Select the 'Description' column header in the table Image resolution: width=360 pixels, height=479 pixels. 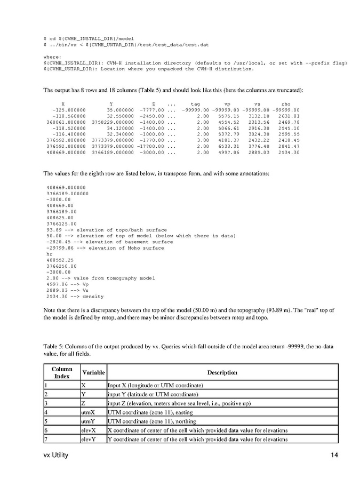tap(222, 372)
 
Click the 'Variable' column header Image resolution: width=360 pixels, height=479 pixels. tap(93, 372)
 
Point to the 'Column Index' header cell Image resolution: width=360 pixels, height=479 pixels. tap(62, 372)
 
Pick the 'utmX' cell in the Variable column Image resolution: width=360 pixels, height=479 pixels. tap(88, 412)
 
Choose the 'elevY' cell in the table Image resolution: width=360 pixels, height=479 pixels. tap(89, 440)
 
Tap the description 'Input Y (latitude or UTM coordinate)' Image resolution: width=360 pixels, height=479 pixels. tap(148, 394)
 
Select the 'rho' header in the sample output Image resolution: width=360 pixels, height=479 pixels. tap(286, 103)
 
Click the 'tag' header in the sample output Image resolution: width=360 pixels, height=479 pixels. tap(195, 103)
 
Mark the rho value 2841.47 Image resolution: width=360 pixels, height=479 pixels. tap(289, 146)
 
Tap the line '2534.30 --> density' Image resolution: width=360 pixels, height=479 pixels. tap(75, 296)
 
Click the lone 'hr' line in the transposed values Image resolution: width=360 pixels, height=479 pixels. tap(49, 254)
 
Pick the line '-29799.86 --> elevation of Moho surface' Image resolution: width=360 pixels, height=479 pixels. tap(105, 248)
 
